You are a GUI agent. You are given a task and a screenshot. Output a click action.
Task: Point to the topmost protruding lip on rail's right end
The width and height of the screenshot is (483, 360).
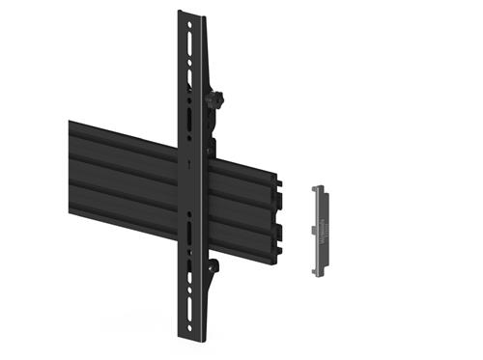tap(279, 180)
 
